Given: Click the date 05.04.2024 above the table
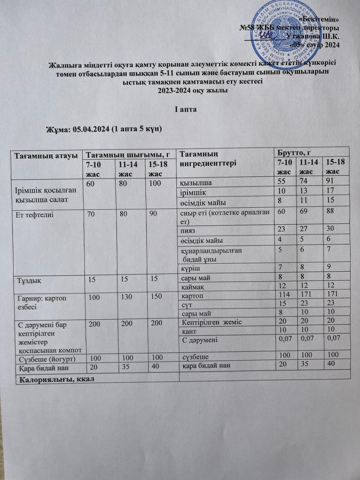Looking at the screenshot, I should pyautogui.click(x=92, y=129).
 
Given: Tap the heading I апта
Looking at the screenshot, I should pyautogui.click(x=186, y=109).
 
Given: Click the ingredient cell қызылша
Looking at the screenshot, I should pyautogui.click(x=196, y=183).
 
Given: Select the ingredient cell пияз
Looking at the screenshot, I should pyautogui.click(x=188, y=230).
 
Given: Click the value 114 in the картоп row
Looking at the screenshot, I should pyautogui.click(x=285, y=294).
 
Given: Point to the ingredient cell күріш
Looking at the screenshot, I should pyautogui.click(x=190, y=268).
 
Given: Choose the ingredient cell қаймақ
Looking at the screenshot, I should pyautogui.click(x=192, y=287).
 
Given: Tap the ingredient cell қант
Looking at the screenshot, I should pyautogui.click(x=189, y=331).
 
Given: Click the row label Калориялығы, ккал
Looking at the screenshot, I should pyautogui.click(x=54, y=379).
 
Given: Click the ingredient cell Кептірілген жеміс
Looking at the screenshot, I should pyautogui.click(x=211, y=322).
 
